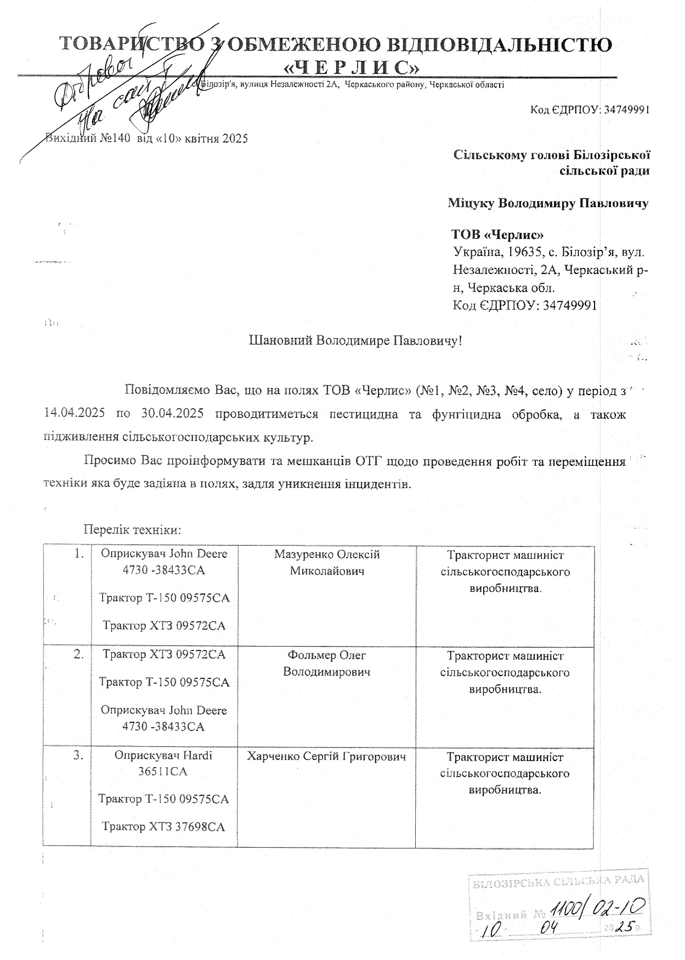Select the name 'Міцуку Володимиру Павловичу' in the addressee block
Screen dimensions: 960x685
(548, 203)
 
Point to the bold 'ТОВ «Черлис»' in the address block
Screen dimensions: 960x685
(497, 235)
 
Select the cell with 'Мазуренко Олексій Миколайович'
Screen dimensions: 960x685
(327, 563)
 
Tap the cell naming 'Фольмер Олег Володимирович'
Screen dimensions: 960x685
(326, 663)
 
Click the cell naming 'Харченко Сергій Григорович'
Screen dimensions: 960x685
(326, 757)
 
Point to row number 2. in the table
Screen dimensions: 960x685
(78, 654)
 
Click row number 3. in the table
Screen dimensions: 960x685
(78, 756)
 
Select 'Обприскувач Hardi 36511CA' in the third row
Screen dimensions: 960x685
(163, 763)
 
